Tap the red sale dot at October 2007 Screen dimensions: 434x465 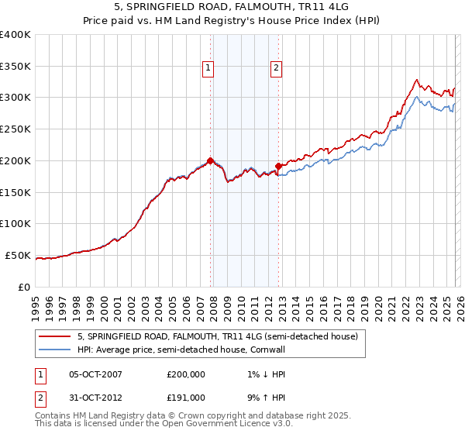click(x=210, y=160)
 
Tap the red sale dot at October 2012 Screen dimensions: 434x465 click(x=279, y=166)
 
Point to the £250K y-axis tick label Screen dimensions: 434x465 click(x=15, y=129)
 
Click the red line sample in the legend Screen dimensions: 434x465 click(x=54, y=337)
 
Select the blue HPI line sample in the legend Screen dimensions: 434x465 click(x=54, y=350)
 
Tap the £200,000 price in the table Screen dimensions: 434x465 click(x=186, y=374)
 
